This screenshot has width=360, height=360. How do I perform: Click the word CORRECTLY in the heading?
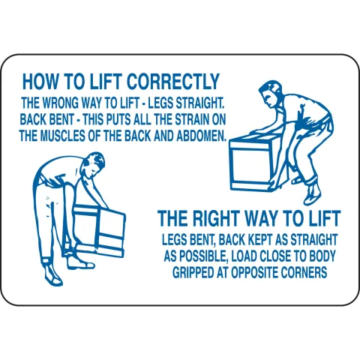173,82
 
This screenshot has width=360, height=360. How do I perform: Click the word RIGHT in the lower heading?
215,218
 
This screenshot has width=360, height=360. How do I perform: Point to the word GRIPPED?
194,272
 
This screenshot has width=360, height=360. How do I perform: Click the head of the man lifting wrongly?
94,163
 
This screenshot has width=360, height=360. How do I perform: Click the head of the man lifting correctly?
269,94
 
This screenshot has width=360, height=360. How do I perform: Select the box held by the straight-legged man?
98,230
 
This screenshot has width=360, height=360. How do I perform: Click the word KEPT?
259,239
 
